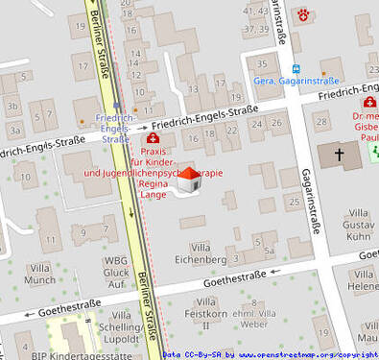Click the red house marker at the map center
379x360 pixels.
click(x=189, y=180)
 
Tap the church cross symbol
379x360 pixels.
click(x=339, y=154)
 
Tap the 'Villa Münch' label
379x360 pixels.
click(x=39, y=274)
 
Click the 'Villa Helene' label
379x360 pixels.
click(x=363, y=280)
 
